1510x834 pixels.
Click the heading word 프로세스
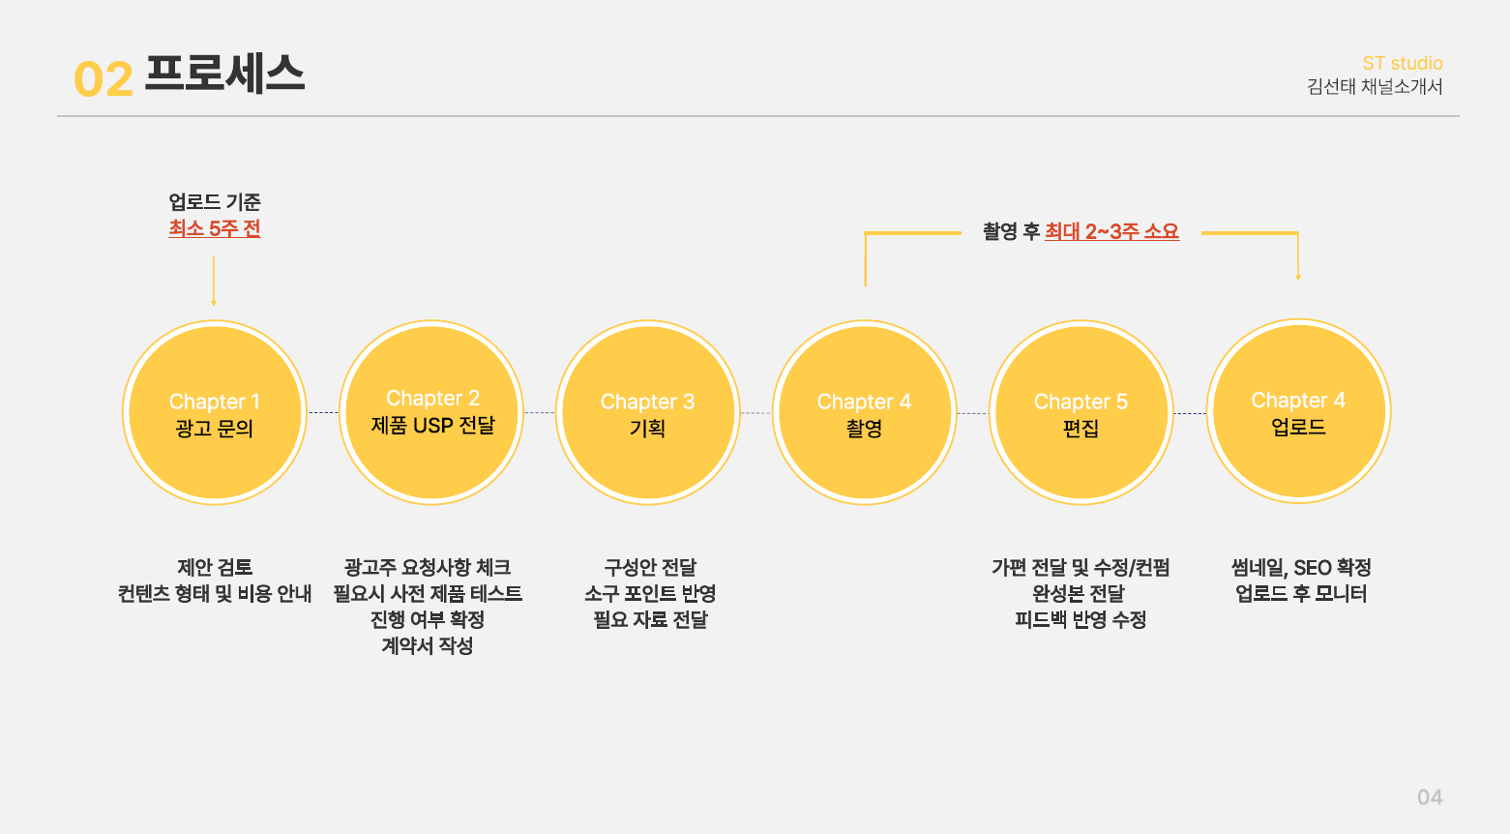pyautogui.click(x=224, y=74)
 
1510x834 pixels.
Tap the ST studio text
pyautogui.click(x=1402, y=63)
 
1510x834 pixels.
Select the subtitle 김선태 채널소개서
pyautogui.click(x=1374, y=87)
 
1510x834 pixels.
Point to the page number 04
pyautogui.click(x=1429, y=797)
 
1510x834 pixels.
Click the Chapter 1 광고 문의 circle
pyautogui.click(x=215, y=413)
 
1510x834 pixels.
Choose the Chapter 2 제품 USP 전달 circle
pyautogui.click(x=431, y=412)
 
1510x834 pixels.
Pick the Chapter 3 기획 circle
pyautogui.click(x=648, y=413)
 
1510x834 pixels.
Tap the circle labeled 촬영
pyautogui.click(x=864, y=413)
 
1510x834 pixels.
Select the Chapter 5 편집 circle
pyautogui.click(x=1081, y=413)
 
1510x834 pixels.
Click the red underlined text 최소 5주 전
pyautogui.click(x=215, y=229)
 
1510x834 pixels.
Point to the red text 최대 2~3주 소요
pyautogui.click(x=1111, y=232)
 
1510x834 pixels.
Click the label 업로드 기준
pyautogui.click(x=215, y=202)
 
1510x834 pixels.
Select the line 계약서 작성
pyautogui.click(x=427, y=646)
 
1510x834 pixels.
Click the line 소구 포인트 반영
pyautogui.click(x=649, y=594)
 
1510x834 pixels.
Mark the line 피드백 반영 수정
pyautogui.click(x=1080, y=620)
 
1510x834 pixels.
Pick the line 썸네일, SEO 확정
pyautogui.click(x=1300, y=568)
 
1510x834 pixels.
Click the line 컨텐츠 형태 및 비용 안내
pyautogui.click(x=215, y=594)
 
